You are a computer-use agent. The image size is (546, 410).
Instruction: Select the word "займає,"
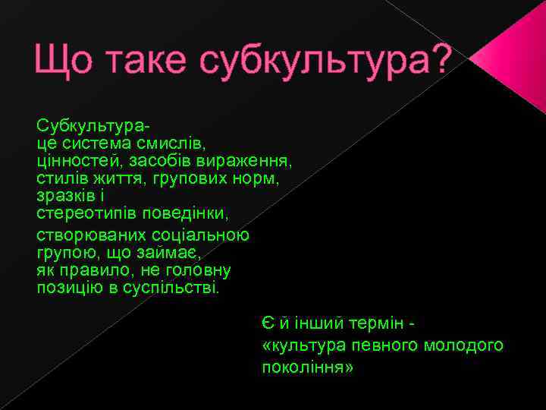click(170, 253)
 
